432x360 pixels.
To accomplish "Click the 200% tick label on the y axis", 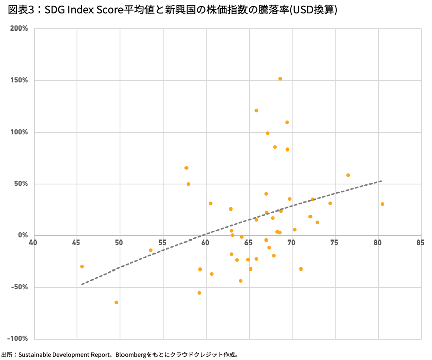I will pyautogui.click(x=19, y=28).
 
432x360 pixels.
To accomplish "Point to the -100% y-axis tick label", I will pyautogui.click(x=18, y=339).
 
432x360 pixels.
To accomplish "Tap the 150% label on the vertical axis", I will pyautogui.click(x=19, y=80).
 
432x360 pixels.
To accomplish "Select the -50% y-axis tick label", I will pyautogui.click(x=19, y=287).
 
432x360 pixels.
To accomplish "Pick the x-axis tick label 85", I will pyautogui.click(x=420, y=243).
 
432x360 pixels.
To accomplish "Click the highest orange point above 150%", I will pyautogui.click(x=280, y=79).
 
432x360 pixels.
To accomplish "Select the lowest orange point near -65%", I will pyautogui.click(x=116, y=302).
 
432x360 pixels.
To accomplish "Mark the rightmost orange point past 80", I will pyautogui.click(x=382, y=204).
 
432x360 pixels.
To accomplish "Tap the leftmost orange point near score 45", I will pyautogui.click(x=82, y=266).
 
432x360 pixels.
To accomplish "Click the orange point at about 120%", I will pyautogui.click(x=256, y=110).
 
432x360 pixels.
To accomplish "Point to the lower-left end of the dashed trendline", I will pyautogui.click(x=82, y=284).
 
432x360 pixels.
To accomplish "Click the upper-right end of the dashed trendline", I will pyautogui.click(x=381, y=181).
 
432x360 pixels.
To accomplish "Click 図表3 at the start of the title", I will pyautogui.click(x=19, y=10).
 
